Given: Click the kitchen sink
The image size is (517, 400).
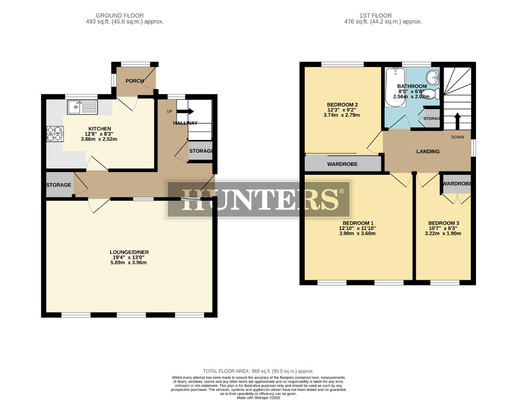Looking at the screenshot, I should point(82,107).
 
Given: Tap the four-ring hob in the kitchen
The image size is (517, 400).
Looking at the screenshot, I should point(54,134).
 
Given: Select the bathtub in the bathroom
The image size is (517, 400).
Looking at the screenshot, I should point(395,87).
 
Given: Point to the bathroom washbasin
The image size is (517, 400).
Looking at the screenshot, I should point(432,77).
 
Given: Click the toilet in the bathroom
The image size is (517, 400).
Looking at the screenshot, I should point(433,94).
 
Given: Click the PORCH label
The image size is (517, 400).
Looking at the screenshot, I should point(135,81).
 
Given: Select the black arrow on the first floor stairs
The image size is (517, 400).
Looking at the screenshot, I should point(457,120).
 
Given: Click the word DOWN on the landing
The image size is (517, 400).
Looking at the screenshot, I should point(457,137).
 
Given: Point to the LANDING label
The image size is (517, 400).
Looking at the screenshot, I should point(428,151).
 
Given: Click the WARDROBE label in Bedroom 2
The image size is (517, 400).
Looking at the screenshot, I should point(342,164).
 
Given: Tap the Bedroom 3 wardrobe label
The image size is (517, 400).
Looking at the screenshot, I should point(457,184).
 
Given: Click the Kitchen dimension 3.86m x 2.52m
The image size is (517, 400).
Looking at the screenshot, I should point(99,139).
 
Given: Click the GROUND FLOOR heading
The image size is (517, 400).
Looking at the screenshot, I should point(119,16).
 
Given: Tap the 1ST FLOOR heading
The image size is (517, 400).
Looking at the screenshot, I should point(375,16).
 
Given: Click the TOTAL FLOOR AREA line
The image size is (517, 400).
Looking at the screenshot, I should point(258,371).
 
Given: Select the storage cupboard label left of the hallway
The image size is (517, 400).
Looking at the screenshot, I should point(58,185).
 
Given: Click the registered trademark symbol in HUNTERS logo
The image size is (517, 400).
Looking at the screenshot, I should point(341,191).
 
